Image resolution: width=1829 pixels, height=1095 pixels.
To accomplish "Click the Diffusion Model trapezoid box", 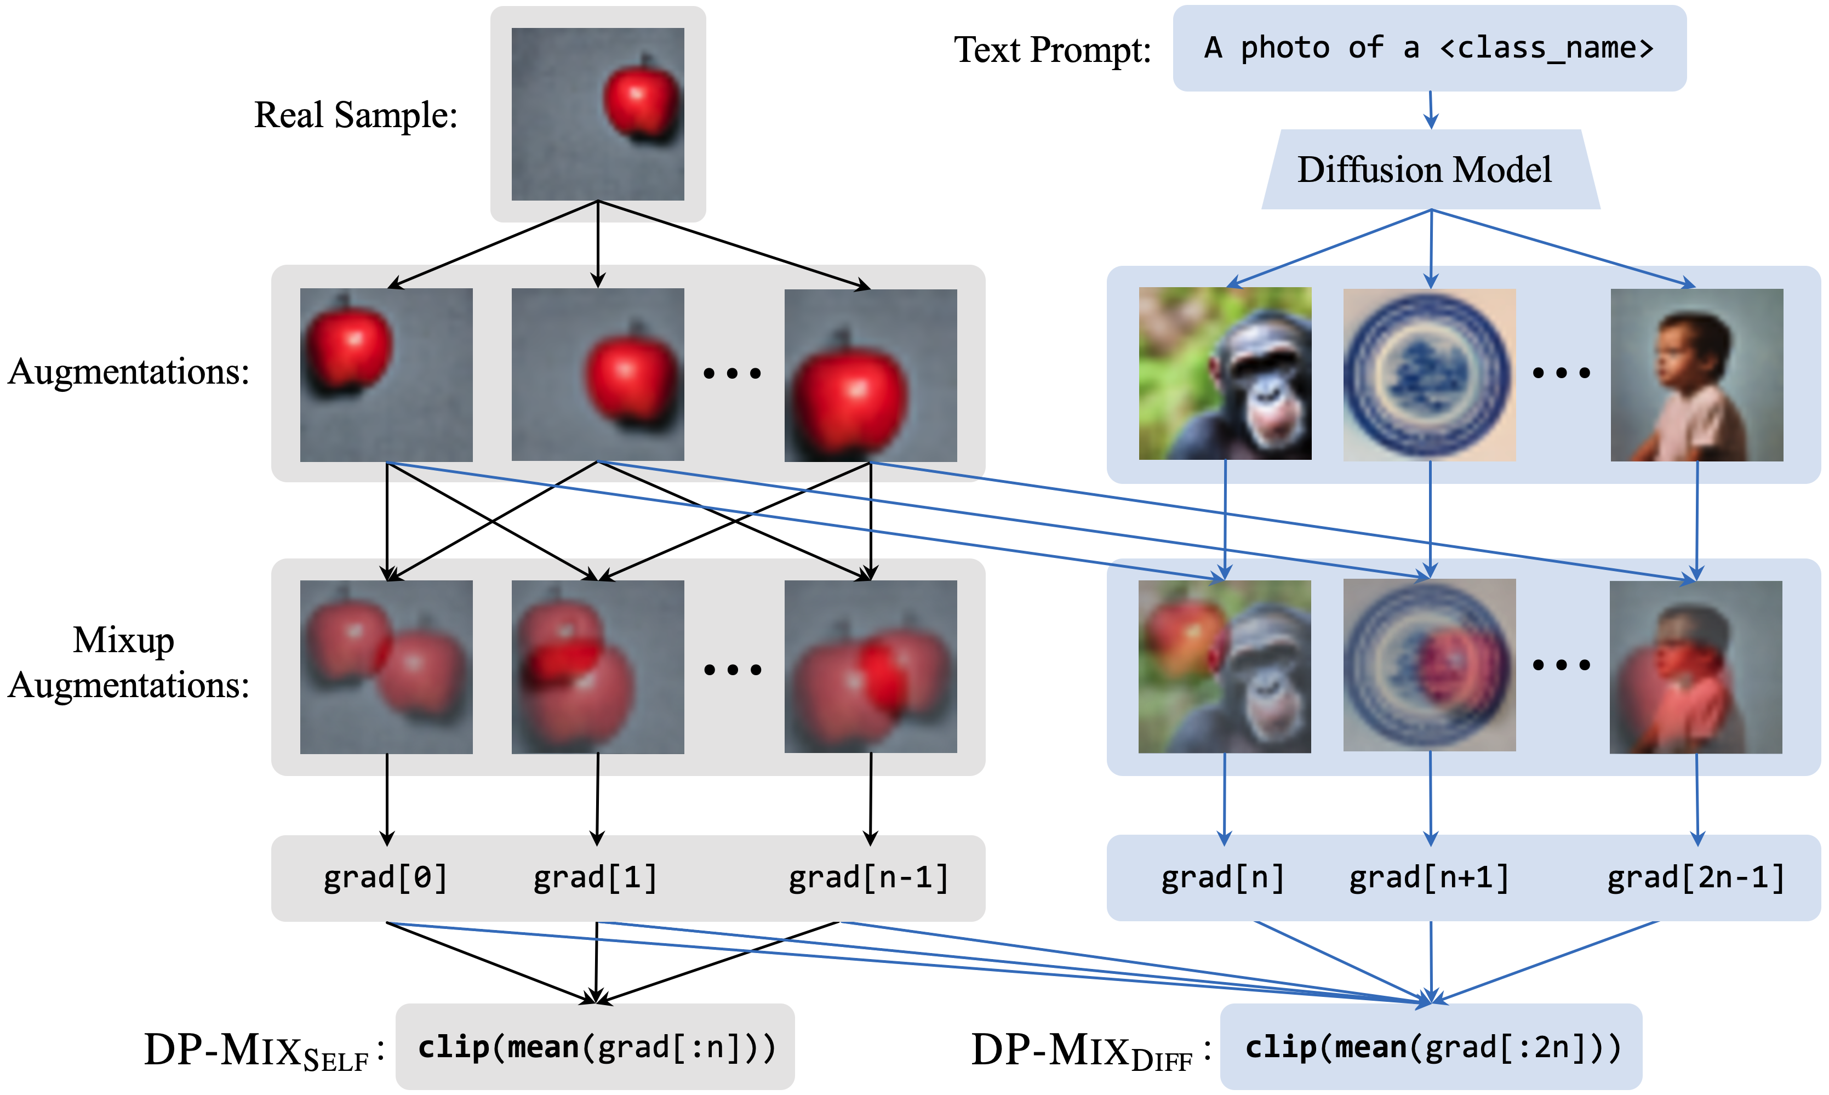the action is point(1430,170).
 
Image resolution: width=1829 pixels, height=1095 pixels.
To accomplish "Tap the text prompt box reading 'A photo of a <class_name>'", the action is point(1429,49).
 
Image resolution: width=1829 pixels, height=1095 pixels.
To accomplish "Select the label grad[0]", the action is point(386,878).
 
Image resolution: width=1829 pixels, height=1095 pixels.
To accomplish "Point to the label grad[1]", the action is point(595,878).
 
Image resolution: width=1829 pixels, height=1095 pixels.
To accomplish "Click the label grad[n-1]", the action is point(869,878).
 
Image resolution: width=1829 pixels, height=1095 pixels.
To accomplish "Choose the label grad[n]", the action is point(1223,878).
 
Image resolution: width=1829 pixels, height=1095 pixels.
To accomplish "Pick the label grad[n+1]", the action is point(1429,878).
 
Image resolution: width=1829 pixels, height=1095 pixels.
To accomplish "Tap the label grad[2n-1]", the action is point(1696,878).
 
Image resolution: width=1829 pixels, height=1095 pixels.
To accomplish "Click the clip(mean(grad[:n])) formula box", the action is point(595,1047).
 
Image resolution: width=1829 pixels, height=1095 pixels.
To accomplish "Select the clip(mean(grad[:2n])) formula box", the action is point(1431,1047).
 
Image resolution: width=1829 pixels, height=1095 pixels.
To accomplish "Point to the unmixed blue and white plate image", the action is point(1429,375).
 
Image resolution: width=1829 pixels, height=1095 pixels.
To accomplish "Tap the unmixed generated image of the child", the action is point(1697,375).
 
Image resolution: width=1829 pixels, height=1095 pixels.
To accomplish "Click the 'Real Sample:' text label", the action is point(356,116).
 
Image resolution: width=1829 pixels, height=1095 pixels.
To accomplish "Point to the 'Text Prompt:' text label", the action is point(1053,50).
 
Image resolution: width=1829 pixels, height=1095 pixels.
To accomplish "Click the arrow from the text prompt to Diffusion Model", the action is point(1431,110).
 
